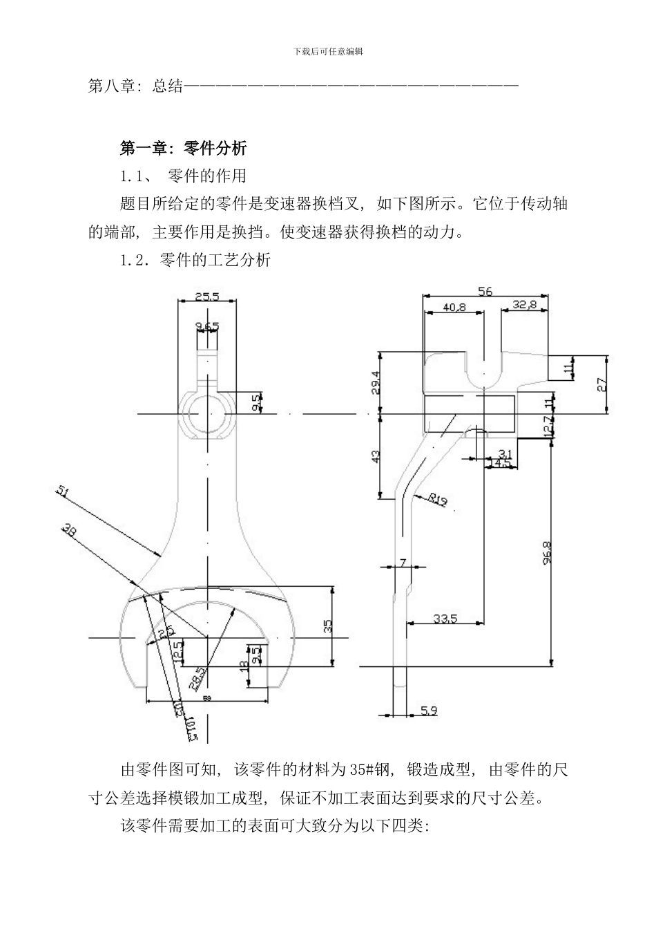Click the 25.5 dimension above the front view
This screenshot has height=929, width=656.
[206, 297]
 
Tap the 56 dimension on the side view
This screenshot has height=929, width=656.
[485, 292]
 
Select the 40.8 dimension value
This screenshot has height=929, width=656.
[454, 306]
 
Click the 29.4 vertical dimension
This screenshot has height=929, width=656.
[376, 382]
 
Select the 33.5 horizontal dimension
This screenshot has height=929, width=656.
[445, 619]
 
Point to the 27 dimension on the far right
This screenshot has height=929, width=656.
[602, 385]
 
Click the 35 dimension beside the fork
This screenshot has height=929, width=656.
[328, 626]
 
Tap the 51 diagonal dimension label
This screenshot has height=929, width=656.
[63, 491]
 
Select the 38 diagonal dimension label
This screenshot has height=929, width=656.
[69, 530]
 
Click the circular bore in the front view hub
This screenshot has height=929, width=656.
[206, 413]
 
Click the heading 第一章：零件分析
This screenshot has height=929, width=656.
[183, 147]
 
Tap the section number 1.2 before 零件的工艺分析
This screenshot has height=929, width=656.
[133, 261]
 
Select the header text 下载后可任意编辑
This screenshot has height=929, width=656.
[329, 50]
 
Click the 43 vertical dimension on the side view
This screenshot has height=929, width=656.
[376, 456]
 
